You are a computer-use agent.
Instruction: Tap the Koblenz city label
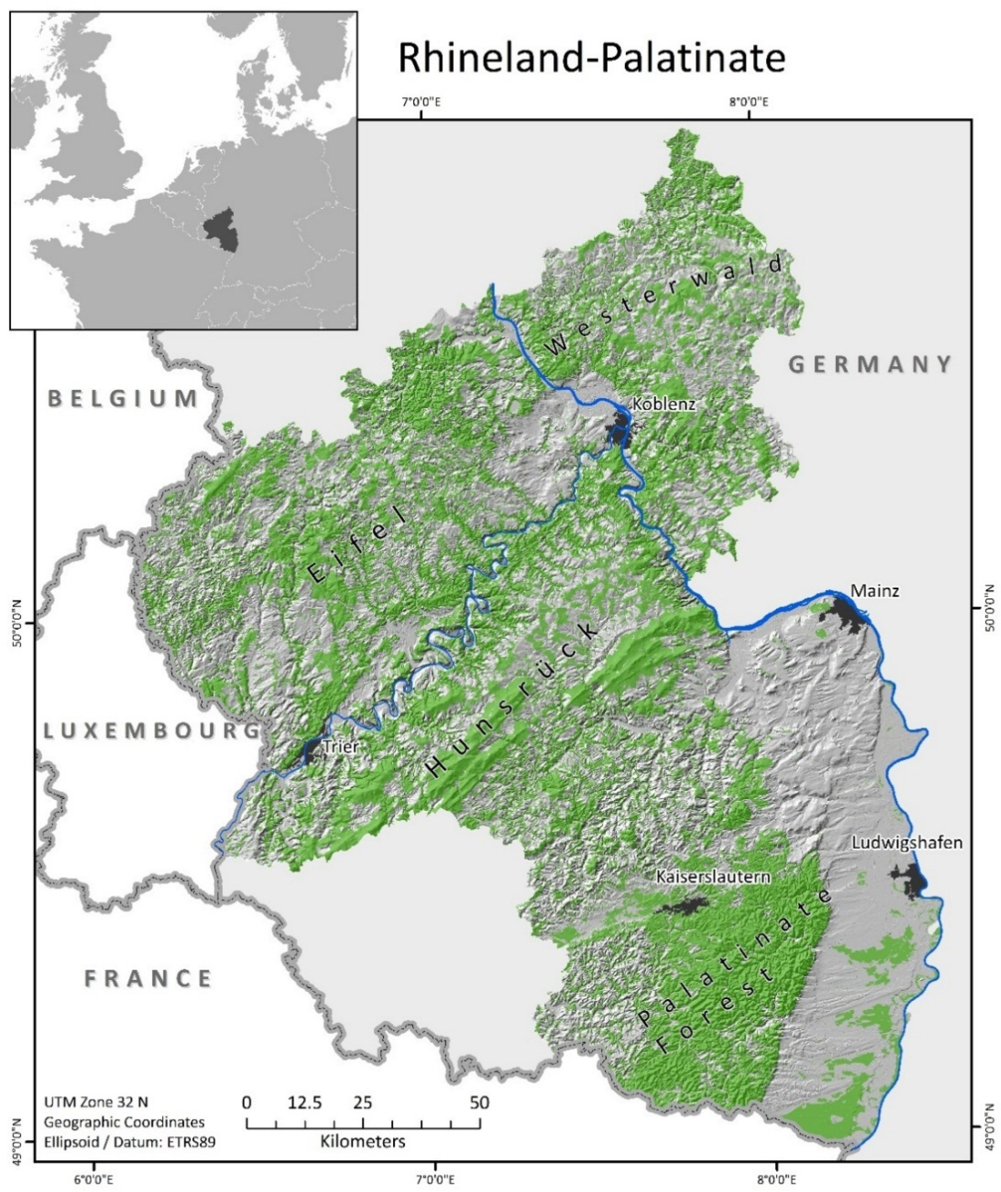click(x=664, y=404)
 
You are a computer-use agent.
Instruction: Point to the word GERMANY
click(x=871, y=364)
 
